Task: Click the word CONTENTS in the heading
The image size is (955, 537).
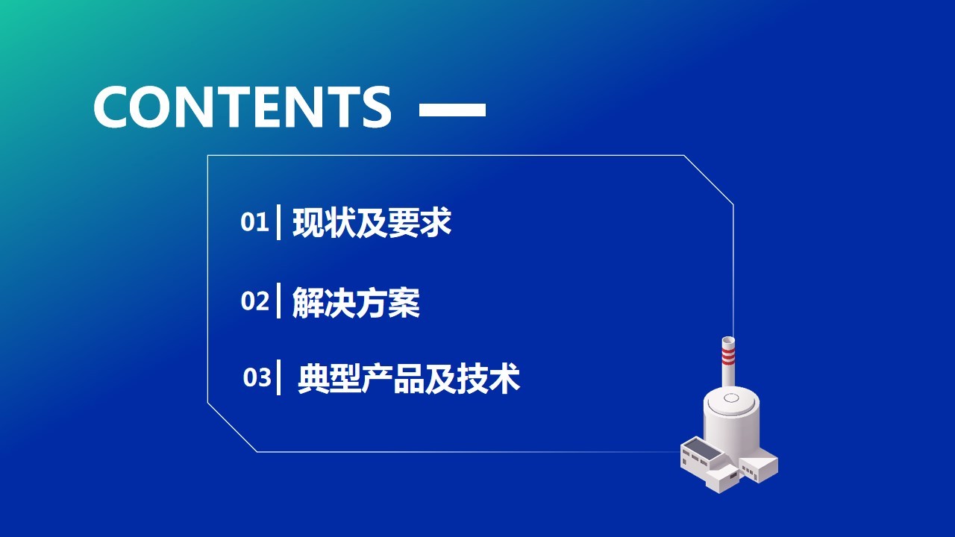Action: [242, 107]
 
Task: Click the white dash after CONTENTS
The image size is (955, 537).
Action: [452, 110]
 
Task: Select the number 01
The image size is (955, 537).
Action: [254, 222]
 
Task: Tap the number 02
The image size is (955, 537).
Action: [255, 301]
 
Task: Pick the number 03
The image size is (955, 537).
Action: [257, 377]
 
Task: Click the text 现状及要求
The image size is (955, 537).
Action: [372, 222]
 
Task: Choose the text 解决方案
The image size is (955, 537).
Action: [356, 302]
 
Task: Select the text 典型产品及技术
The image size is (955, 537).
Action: [408, 378]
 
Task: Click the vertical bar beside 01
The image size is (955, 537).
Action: [279, 222]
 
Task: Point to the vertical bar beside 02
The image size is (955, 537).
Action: [279, 301]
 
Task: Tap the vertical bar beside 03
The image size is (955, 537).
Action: [279, 377]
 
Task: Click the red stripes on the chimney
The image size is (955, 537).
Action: [728, 356]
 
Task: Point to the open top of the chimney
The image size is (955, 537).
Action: [728, 341]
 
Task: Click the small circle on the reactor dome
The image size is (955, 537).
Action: [731, 398]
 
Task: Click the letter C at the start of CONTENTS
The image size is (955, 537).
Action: [113, 107]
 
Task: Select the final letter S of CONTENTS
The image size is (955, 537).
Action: [377, 107]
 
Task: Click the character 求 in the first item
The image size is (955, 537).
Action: [436, 222]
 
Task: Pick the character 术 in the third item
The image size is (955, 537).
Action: [505, 378]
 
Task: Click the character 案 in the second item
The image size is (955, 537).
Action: [404, 302]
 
